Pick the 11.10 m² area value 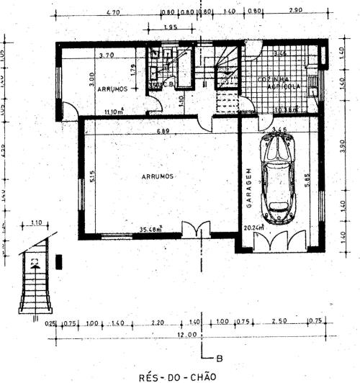(x=113, y=111)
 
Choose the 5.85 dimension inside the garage (x=307, y=183)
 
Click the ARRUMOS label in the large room (x=156, y=175)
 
